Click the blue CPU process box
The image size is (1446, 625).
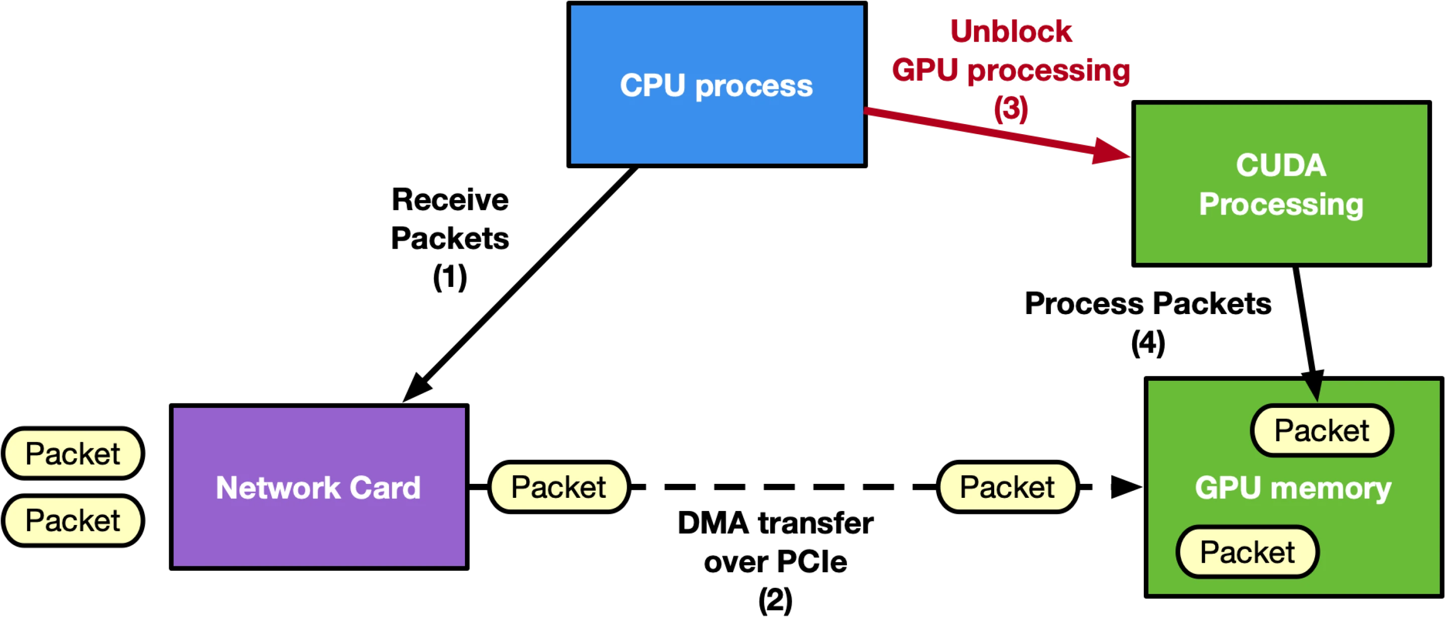pyautogui.click(x=717, y=85)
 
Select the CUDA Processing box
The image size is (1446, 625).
pyautogui.click(x=1281, y=183)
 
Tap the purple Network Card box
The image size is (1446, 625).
pyautogui.click(x=319, y=487)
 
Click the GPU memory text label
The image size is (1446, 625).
pyautogui.click(x=1293, y=487)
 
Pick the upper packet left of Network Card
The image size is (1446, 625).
pyautogui.click(x=73, y=453)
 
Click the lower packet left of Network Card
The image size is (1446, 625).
pyautogui.click(x=73, y=520)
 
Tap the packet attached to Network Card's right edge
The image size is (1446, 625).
pyautogui.click(x=558, y=487)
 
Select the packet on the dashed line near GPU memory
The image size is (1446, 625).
pyautogui.click(x=1007, y=487)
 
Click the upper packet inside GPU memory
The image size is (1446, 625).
pyautogui.click(x=1321, y=431)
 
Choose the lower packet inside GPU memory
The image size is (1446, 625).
pyautogui.click(x=1247, y=552)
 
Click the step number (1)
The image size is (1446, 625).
pyautogui.click(x=450, y=277)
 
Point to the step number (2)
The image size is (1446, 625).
pyautogui.click(x=775, y=600)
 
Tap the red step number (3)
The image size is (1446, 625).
pyautogui.click(x=1011, y=109)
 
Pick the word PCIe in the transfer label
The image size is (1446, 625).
pyautogui.click(x=812, y=562)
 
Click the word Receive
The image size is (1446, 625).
pyautogui.click(x=450, y=199)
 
